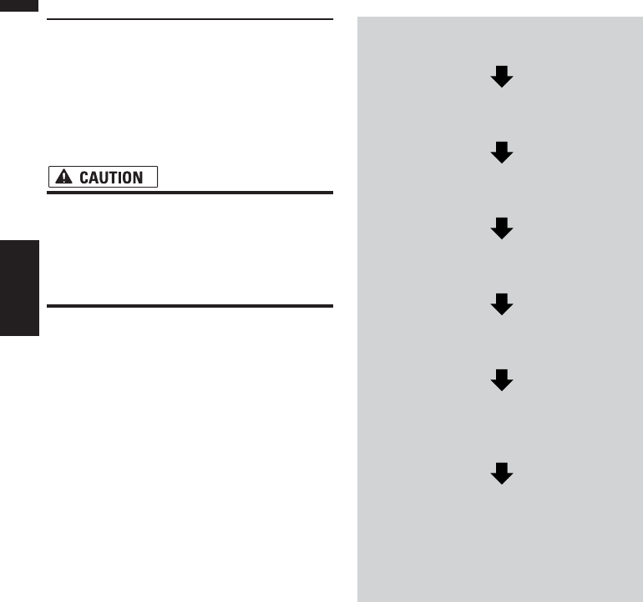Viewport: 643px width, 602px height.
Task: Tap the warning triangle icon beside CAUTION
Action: tap(63, 178)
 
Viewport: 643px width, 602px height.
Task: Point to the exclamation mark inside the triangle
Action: tap(63, 178)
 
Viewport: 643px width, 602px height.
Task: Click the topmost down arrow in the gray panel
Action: tap(501, 78)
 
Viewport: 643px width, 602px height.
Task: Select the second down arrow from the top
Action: tap(501, 153)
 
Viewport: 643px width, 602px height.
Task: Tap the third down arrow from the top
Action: tap(501, 228)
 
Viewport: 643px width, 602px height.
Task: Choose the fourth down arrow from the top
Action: tap(501, 304)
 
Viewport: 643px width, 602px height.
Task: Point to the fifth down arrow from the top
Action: tap(501, 380)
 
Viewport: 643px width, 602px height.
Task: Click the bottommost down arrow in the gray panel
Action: tap(501, 474)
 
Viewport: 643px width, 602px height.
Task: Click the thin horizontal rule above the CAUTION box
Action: tap(190, 18)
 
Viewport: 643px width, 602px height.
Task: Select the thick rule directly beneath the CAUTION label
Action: tap(190, 193)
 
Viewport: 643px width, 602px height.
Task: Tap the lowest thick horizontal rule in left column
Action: tap(190, 306)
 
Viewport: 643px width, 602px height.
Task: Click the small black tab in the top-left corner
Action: tap(19, 5)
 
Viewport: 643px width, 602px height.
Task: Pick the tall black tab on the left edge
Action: tap(19, 288)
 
